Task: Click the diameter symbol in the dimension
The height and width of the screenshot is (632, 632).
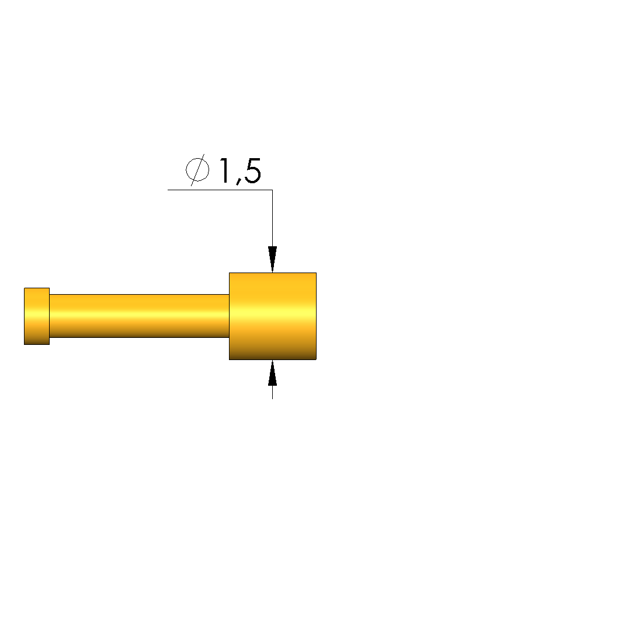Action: [197, 170]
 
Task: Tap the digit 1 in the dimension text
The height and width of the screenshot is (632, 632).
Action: [225, 170]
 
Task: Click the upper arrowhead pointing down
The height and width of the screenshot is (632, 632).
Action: [272, 259]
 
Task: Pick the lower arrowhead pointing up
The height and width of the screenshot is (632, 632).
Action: [272, 373]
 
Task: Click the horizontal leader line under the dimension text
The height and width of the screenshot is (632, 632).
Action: [220, 190]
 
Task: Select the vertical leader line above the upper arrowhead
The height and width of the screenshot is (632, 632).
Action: [272, 218]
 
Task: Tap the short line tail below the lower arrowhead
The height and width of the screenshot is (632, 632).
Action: [272, 392]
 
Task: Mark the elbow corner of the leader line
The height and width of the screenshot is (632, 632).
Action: [272, 190]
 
